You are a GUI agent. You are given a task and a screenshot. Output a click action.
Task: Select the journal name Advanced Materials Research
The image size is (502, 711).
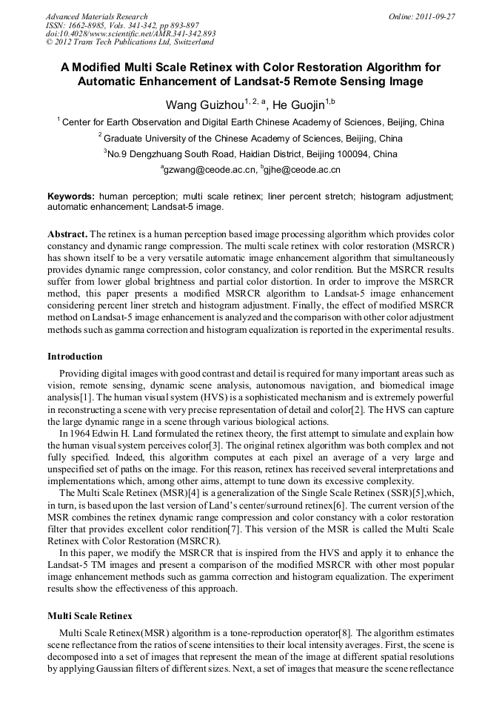[96, 16]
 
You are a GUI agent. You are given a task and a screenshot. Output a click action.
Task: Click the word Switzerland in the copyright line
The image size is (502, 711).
[181, 42]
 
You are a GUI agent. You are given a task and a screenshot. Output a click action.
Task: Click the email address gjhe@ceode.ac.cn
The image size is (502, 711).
[301, 171]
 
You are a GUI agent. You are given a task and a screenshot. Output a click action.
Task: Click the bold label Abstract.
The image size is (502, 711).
[67, 232]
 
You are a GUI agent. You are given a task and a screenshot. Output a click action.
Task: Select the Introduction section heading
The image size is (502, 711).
[75, 357]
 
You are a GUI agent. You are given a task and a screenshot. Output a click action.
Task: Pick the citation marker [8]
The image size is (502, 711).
[347, 632]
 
